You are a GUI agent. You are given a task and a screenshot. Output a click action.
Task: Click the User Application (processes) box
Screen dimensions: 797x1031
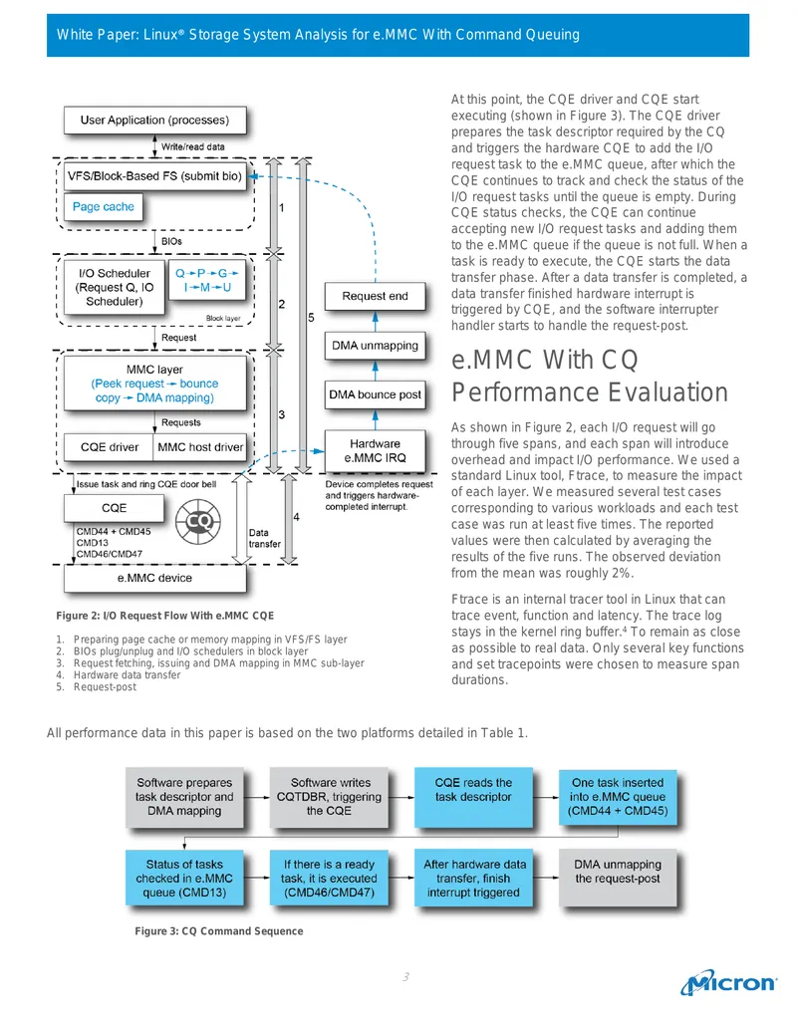tap(155, 121)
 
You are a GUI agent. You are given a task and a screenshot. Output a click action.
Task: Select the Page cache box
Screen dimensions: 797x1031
tap(104, 207)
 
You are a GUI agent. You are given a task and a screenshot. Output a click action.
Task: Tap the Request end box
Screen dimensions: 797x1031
tap(375, 296)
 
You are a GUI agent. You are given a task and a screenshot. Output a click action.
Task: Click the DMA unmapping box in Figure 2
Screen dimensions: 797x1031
tap(375, 346)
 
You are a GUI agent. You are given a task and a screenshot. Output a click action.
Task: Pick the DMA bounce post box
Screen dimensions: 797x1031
tap(375, 394)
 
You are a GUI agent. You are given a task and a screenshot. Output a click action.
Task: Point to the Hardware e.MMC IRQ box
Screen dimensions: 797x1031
tap(375, 450)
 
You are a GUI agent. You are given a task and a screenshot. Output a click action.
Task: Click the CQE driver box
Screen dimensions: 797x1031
tap(109, 447)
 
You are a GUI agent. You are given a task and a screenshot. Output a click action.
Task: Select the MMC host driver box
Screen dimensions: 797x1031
tap(200, 447)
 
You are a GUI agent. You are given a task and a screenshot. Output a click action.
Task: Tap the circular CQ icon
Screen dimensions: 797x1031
tap(198, 521)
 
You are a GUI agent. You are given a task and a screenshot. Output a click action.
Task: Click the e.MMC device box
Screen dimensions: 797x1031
tap(155, 578)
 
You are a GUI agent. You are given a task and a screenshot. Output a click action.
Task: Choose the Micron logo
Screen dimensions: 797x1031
tap(728, 982)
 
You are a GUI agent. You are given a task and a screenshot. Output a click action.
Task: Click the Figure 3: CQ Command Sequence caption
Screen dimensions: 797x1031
tap(219, 931)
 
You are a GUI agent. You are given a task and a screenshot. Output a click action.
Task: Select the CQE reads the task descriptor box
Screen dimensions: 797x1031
tap(473, 797)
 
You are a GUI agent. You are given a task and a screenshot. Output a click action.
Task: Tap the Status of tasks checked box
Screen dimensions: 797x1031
tap(184, 879)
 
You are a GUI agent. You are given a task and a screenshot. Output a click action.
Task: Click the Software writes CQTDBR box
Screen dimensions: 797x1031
tap(329, 797)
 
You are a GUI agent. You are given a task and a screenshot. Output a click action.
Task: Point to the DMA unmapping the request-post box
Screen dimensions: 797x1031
tap(618, 879)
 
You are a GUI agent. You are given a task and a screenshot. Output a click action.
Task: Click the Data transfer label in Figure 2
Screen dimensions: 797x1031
tap(264, 539)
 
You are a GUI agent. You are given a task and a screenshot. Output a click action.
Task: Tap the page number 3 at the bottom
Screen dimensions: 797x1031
tap(405, 977)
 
